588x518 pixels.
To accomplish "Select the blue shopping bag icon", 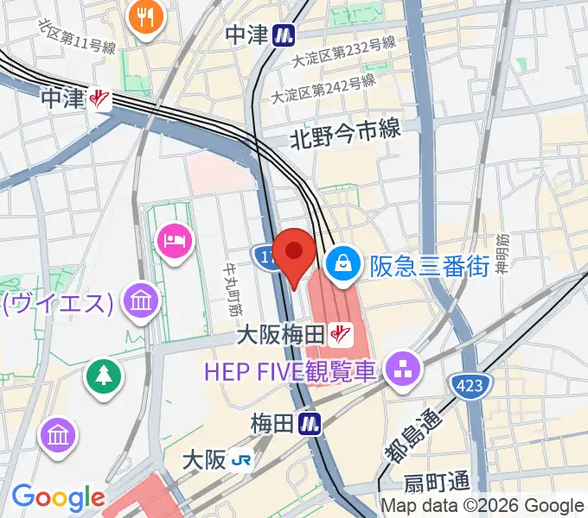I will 344,262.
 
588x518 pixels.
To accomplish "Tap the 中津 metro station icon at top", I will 283,35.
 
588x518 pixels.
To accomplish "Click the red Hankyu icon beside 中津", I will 100,99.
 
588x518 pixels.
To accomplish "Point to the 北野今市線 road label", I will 345,131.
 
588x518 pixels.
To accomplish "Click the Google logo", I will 58,497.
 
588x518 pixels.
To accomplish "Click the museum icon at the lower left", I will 58,433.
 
